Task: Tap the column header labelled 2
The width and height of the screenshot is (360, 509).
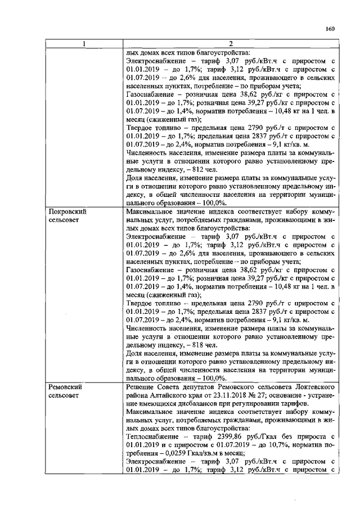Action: pos(230,44)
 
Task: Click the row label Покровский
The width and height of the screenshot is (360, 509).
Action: pos(68,211)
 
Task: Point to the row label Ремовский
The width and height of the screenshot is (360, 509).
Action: pos(66,388)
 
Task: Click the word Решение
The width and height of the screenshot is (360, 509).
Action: pos(142,388)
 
